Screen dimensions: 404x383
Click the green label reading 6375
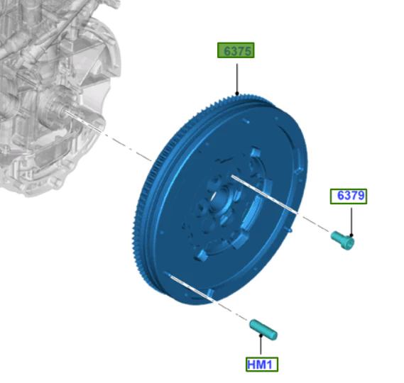(236, 50)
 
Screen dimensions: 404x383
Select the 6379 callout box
(349, 196)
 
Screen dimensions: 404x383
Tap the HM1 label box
(262, 365)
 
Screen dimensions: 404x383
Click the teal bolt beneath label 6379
(343, 240)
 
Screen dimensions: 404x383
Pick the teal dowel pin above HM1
(263, 330)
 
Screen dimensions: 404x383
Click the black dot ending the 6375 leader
(237, 94)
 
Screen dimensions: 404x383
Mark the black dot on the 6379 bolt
(351, 235)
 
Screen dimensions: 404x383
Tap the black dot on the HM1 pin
(261, 335)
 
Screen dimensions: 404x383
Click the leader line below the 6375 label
(237, 79)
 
